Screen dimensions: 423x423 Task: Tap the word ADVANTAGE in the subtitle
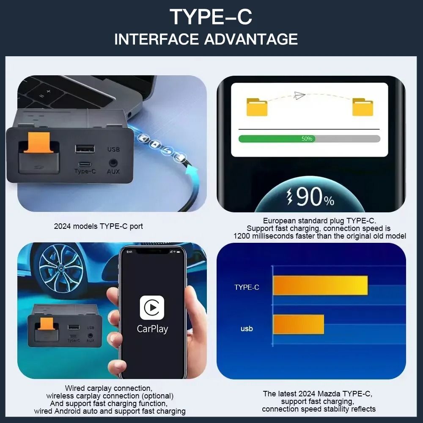point(251,39)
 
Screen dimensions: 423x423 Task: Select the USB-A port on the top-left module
point(85,148)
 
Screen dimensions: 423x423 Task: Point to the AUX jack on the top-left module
point(113,162)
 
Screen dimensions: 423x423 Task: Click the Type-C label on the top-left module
point(85,171)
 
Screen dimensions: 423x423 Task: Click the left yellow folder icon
point(257,107)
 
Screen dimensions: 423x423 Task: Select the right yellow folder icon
point(363,107)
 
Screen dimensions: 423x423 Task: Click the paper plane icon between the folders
point(299,95)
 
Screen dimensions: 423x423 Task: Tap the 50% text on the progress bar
point(307,139)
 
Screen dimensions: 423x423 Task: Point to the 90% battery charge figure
point(310,197)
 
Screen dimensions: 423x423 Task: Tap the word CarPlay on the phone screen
point(152,329)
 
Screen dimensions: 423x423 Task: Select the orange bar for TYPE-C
point(320,286)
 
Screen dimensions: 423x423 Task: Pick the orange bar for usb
point(299,324)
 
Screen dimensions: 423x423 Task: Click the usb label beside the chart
point(247,328)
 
